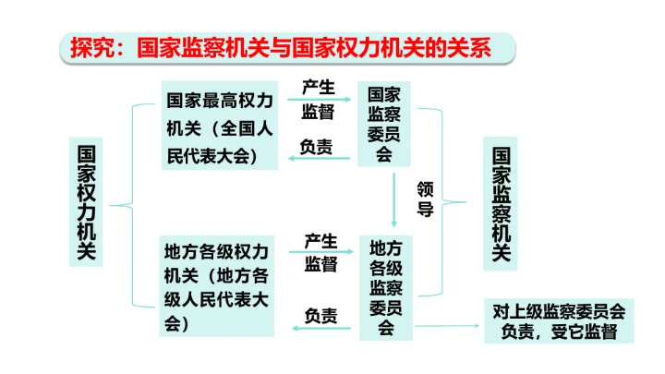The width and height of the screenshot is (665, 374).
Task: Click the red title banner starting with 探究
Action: coord(287,48)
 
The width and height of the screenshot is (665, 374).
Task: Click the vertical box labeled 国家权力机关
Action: coord(86,202)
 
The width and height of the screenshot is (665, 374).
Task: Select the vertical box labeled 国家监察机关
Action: coord(501,203)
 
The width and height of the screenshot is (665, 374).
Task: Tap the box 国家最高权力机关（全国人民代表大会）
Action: coord(220,126)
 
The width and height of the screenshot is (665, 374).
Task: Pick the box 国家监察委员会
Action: coord(384,124)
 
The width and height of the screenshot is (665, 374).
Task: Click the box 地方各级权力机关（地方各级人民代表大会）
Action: coord(217,286)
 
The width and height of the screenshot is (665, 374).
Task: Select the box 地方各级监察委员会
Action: coord(386,288)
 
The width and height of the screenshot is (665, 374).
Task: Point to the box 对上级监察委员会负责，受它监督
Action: coord(559,321)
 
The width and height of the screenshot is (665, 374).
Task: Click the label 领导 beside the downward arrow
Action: coord(425,199)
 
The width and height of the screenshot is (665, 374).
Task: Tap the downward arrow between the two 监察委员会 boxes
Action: coord(394,200)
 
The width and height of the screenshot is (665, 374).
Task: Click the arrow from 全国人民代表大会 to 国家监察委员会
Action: coord(320,99)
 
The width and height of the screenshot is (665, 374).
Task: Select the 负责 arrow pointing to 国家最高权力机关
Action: coord(320,158)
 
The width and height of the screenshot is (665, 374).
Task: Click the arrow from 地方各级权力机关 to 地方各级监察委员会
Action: coord(321,251)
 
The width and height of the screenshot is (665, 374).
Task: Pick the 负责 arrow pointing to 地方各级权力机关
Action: coord(321,328)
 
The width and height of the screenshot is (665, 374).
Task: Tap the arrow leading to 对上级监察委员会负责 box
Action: coord(447,326)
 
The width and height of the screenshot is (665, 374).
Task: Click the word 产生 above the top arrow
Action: coord(319,88)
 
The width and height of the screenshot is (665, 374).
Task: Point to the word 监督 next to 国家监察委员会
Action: coord(318,112)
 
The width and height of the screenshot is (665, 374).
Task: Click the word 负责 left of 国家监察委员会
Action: coord(316,147)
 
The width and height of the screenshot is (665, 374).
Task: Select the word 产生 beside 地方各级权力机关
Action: coord(321,241)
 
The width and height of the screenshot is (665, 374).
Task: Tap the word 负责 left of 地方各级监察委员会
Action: coord(320,316)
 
